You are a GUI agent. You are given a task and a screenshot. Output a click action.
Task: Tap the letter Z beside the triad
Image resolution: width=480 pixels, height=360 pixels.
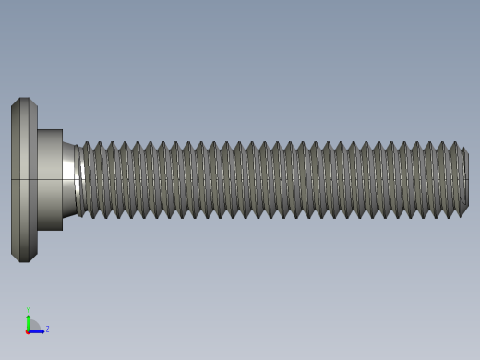pos(47,329)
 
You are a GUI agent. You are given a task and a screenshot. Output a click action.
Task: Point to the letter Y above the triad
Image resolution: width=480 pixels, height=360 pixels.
pos(28,311)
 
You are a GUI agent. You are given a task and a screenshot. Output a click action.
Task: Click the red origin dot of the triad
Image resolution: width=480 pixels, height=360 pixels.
pos(28,330)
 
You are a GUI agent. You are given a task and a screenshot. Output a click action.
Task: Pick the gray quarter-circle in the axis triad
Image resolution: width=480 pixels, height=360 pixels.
pos(32,326)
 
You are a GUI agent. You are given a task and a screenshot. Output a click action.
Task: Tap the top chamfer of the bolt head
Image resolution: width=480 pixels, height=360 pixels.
pos(24,101)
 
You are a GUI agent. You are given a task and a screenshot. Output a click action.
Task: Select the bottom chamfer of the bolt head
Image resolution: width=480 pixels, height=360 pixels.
pos(24,258)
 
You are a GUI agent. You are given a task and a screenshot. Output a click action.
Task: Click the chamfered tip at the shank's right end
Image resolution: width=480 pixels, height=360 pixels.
pos(464,180)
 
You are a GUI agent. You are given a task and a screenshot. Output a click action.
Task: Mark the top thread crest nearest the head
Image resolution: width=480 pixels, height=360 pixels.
pos(86,143)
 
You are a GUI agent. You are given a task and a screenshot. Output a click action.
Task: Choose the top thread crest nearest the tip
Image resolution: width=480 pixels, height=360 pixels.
pos(454,143)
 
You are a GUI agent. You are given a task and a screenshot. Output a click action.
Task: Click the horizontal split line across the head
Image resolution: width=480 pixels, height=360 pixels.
pos(24,178)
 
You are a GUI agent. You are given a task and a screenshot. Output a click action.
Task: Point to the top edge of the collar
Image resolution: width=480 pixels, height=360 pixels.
pos(50,130)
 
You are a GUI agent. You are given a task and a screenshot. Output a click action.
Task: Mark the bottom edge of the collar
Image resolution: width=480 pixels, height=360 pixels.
pos(50,230)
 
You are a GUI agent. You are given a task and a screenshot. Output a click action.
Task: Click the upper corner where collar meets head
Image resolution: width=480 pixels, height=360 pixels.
pos(38,130)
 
